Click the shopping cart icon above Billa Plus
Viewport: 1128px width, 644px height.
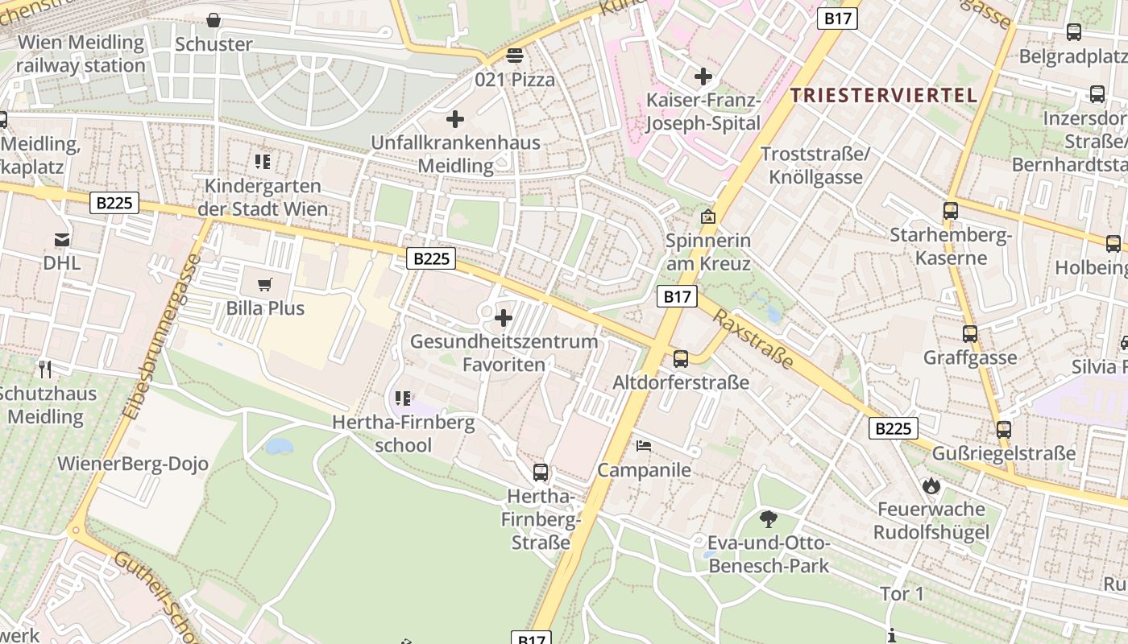coord(264,284)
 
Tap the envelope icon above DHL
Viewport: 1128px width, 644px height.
coord(62,239)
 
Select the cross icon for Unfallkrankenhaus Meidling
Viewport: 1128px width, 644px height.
coord(455,119)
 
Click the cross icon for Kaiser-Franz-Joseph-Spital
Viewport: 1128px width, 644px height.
coord(703,76)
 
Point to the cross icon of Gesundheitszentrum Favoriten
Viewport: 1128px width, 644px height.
coord(504,317)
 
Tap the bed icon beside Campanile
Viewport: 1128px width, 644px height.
coord(643,445)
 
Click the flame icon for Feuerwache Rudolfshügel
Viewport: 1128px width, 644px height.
coord(931,485)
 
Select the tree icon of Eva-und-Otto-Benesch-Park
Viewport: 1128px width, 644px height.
coord(769,518)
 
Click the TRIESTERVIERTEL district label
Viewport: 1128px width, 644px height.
coord(883,95)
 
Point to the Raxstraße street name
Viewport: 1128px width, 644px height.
coord(753,337)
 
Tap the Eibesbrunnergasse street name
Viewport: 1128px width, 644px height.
coord(162,336)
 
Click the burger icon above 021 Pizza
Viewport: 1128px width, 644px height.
coord(515,56)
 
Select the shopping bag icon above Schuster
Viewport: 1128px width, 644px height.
coord(214,20)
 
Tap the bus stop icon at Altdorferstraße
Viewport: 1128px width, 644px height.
coord(681,358)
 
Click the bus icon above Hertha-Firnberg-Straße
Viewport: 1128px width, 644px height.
coord(541,472)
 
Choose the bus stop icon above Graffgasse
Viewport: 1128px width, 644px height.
coord(970,333)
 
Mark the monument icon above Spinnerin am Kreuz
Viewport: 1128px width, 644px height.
coord(708,217)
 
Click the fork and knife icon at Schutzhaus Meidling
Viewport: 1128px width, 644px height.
coord(45,369)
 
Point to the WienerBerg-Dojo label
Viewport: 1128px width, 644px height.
coord(133,464)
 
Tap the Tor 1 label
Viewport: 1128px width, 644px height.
coord(902,594)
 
